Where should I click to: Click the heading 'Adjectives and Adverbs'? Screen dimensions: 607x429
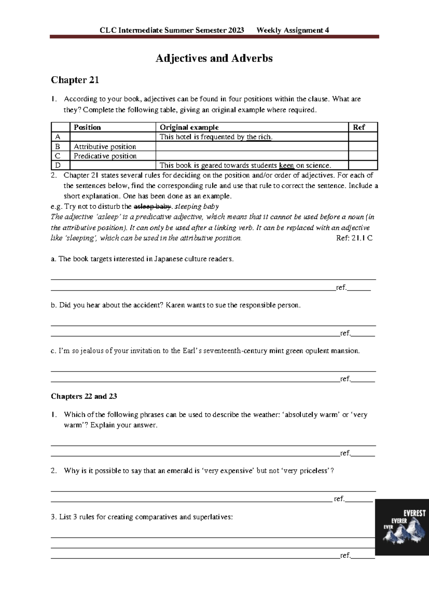coord(214,58)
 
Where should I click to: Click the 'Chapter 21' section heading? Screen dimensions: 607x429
coord(75,80)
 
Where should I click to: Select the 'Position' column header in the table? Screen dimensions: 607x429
coord(87,127)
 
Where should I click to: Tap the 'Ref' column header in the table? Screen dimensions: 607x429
coord(359,127)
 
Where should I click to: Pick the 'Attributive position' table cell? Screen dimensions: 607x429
coord(105,147)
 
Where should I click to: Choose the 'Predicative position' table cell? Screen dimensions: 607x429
coord(105,156)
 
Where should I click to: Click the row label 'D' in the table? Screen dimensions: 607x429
coord(58,165)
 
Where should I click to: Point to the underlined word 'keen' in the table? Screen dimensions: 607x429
coord(286,165)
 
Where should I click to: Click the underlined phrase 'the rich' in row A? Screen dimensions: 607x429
coord(259,137)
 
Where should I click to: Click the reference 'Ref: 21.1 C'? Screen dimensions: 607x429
coord(354,238)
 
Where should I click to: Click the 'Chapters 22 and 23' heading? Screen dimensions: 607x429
coord(84,396)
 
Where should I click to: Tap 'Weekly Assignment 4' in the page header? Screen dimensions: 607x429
coord(293,30)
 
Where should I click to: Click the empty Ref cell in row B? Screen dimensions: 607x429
coord(363,146)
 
